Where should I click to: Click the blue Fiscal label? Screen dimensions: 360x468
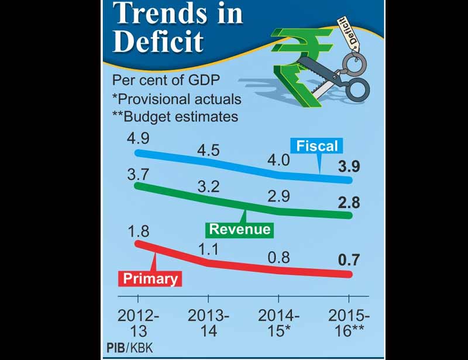point(317,146)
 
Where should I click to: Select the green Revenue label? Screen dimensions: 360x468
point(240,229)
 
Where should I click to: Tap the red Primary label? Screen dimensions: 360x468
point(150,278)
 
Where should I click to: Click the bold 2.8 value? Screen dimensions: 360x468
point(350,203)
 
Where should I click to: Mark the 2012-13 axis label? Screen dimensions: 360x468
point(138,322)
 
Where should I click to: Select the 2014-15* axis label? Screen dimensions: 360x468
point(278,322)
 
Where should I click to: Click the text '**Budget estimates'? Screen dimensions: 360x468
point(174,116)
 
